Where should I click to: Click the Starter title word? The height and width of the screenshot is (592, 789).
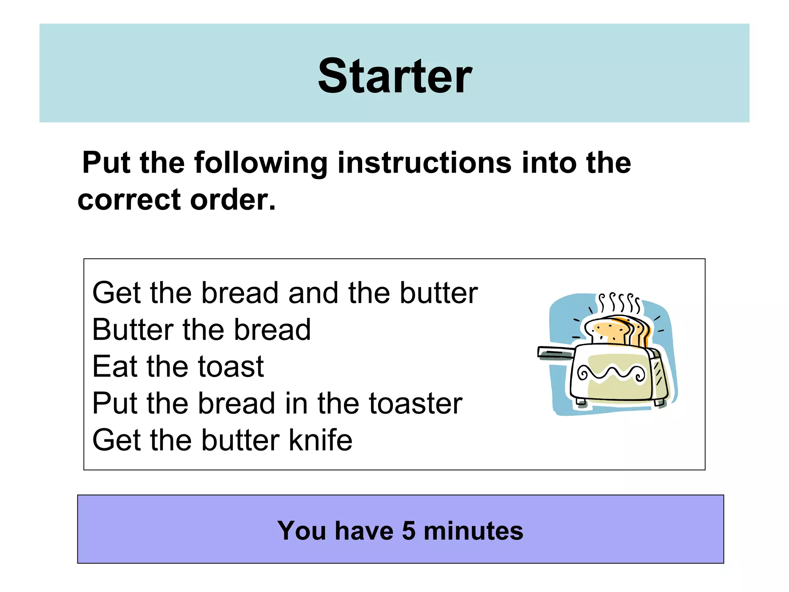[394, 76]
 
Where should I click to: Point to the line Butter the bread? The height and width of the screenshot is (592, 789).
[201, 330]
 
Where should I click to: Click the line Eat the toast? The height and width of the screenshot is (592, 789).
[178, 367]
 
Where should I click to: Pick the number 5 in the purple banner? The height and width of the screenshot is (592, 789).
[409, 531]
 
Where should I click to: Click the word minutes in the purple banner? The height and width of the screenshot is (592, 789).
[473, 531]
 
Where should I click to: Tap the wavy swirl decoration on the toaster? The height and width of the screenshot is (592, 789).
[611, 373]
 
